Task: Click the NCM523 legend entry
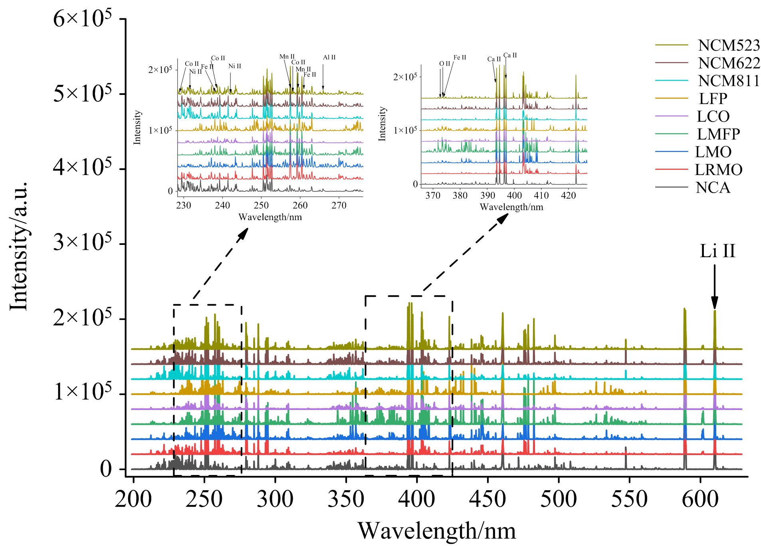729,45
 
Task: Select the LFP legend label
713,99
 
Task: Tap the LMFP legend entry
718,134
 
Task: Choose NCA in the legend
713,187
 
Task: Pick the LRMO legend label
718,170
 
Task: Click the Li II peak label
717,251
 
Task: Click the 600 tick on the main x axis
700,499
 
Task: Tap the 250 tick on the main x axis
204,499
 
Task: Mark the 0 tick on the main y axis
106,469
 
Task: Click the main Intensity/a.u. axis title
19,246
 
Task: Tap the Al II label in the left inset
329,57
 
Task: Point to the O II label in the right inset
444,64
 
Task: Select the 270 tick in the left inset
339,205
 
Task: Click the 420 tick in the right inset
568,195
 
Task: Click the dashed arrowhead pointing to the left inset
243,234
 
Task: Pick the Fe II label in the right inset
460,57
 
